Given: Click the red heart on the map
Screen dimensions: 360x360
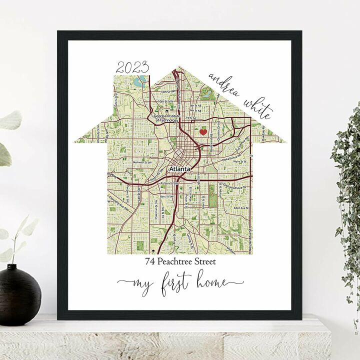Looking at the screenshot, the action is click(203, 132).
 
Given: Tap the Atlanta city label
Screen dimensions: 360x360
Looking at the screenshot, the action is click(180, 169).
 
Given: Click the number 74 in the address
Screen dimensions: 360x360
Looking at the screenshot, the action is click(150, 261).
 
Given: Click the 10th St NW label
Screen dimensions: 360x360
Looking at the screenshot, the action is click(163, 102).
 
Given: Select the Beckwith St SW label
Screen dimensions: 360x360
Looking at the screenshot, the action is click(142, 162).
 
